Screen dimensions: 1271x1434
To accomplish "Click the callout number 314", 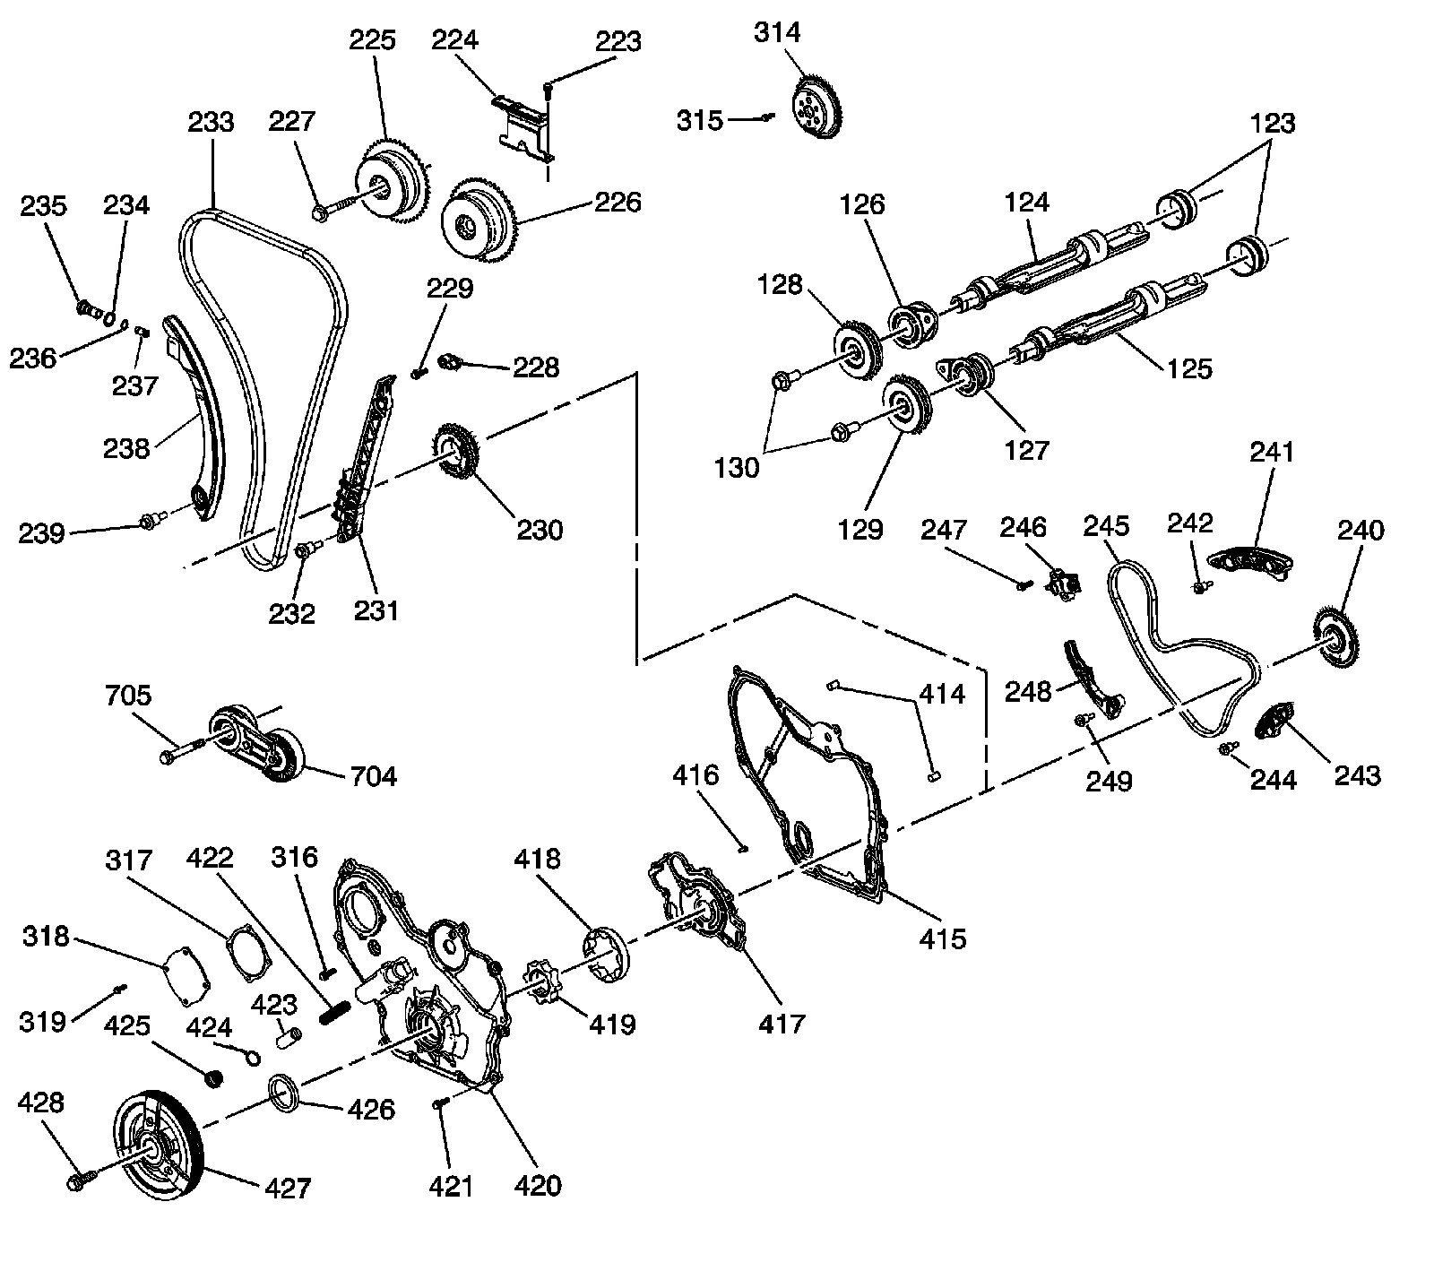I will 776,33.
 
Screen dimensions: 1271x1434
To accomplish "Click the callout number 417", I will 782,1022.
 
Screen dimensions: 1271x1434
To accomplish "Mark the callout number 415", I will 942,938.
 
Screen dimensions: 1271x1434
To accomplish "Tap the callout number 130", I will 738,467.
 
